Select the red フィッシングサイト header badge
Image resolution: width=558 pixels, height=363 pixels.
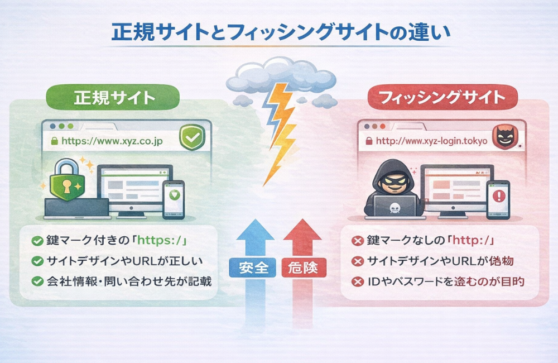[x=442, y=98]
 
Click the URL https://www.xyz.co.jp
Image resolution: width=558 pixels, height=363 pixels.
[x=111, y=141]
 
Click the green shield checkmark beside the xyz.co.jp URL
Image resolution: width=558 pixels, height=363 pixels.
[x=192, y=138]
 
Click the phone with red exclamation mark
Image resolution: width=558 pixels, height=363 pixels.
[x=498, y=198]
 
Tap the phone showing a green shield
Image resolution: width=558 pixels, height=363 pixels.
[x=173, y=198]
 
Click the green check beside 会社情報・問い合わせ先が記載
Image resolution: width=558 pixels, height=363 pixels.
[x=37, y=281]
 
